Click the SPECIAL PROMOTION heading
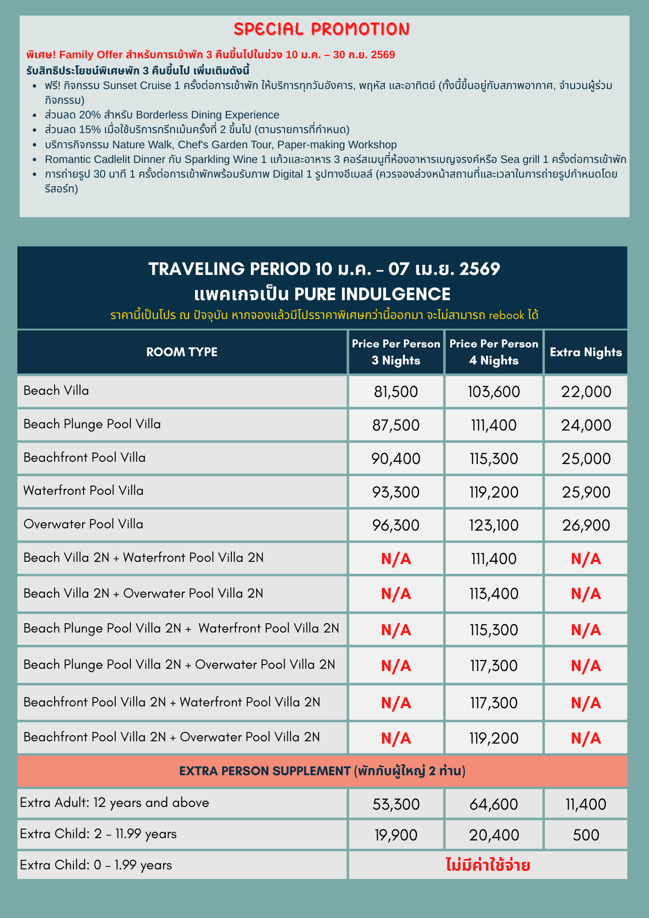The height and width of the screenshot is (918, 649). tap(322, 29)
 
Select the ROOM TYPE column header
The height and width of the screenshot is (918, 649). tap(182, 352)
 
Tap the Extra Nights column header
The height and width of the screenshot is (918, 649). tap(586, 352)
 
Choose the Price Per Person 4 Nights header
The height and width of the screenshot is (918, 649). tap(493, 352)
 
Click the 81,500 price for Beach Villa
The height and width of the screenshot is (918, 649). tap(396, 392)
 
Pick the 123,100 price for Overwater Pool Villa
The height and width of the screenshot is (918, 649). tap(493, 525)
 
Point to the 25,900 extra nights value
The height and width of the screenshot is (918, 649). tap(586, 492)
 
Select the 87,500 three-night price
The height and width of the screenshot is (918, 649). tap(396, 425)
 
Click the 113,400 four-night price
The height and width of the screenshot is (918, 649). tap(493, 593)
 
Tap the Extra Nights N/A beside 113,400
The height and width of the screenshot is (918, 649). tap(586, 594)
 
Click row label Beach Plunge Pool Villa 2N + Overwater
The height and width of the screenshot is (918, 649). tap(179, 664)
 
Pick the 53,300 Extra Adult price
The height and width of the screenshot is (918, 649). tap(396, 804)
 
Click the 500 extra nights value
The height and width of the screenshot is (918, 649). tap(586, 834)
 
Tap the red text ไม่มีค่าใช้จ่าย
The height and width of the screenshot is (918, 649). tap(488, 866)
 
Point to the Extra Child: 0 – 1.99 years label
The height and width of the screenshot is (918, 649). tap(96, 865)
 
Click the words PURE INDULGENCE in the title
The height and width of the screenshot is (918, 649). tap(372, 294)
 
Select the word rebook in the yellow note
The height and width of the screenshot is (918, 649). tap(506, 315)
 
